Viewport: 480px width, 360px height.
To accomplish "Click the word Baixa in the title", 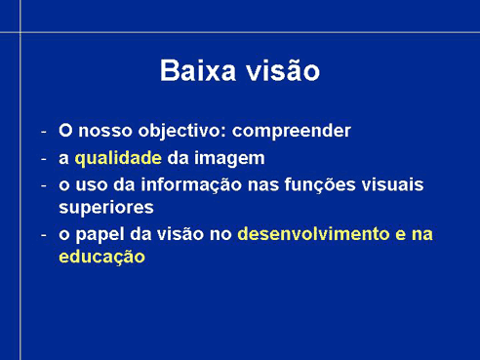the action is [x=198, y=70].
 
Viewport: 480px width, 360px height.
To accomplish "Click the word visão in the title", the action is [x=283, y=69].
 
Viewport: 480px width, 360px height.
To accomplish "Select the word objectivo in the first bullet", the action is [x=181, y=132].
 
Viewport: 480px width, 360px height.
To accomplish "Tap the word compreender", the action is [x=292, y=132].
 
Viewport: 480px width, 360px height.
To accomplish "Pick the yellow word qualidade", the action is [x=118, y=158].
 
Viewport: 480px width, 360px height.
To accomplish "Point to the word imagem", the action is [x=229, y=159].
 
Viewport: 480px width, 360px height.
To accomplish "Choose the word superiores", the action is [x=106, y=208].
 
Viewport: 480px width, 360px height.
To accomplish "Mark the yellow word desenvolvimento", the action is [x=313, y=234].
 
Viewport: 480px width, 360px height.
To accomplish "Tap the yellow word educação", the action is [x=101, y=257].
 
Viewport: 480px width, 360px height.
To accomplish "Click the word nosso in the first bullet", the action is [x=105, y=131].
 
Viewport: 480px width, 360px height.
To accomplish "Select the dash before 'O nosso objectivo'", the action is [x=44, y=133].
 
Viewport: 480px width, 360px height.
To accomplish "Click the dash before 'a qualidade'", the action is [x=44, y=159].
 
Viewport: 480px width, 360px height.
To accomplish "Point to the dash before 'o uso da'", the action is [x=44, y=186].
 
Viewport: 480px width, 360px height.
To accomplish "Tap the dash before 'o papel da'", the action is [x=44, y=235].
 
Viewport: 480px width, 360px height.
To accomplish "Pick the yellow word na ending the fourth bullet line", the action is [x=422, y=235].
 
